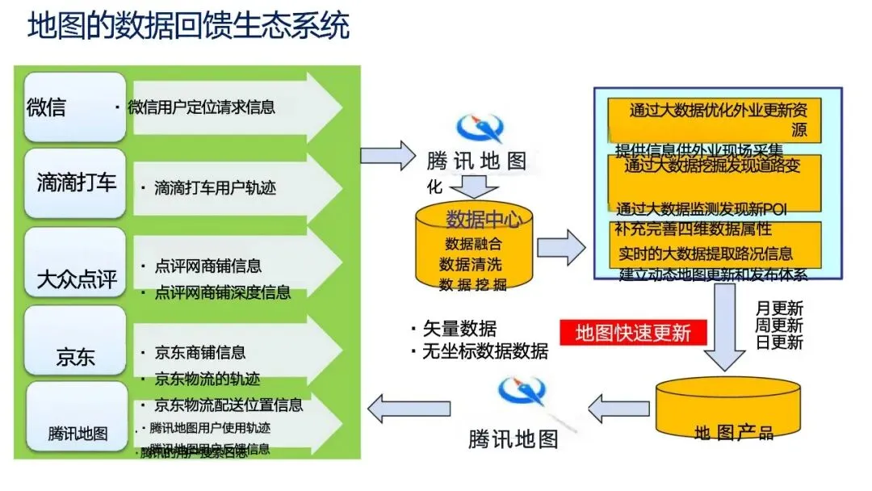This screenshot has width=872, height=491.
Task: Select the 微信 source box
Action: [x=75, y=107]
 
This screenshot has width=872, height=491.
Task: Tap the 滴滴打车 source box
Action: [x=75, y=183]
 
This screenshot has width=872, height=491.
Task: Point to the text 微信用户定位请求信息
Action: [x=201, y=107]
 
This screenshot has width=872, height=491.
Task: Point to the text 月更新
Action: [x=779, y=308]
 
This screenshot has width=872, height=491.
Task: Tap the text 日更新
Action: [x=779, y=342]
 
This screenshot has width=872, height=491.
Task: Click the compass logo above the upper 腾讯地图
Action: [x=480, y=128]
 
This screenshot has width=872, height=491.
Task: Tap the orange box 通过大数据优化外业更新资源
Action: [x=717, y=120]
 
